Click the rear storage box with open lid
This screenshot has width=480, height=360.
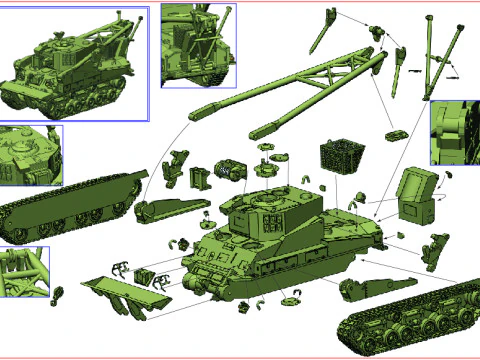click(416, 200)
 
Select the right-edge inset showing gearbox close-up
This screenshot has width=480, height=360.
click(455, 132)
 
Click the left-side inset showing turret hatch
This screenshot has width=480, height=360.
click(30, 155)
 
